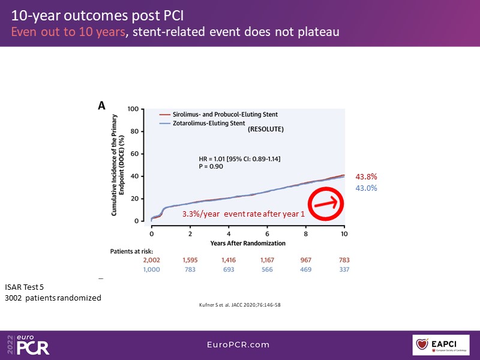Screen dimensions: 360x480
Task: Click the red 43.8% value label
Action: tap(367, 177)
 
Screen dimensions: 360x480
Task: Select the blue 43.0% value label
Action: tap(367, 188)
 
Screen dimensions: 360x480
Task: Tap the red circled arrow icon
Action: tap(325, 203)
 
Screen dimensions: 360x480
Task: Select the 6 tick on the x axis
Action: tap(267, 233)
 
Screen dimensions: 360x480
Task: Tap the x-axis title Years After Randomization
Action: tap(247, 243)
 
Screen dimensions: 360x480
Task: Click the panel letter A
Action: tap(102, 106)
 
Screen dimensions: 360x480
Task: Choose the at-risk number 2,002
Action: tap(152, 260)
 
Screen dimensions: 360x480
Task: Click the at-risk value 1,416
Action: tap(229, 260)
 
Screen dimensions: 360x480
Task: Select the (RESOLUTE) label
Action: tap(266, 129)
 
